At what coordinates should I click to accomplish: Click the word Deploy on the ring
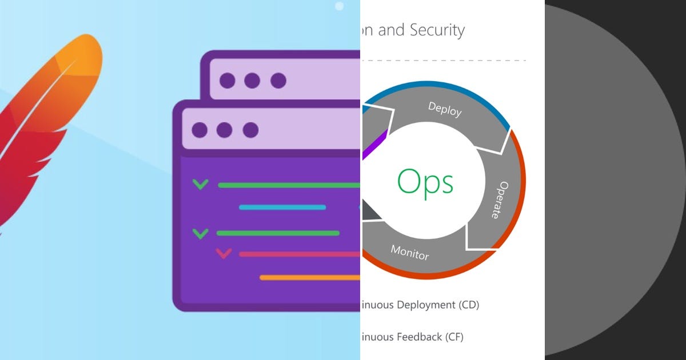[444, 109]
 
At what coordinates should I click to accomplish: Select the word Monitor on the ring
[409, 252]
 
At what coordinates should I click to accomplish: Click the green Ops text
[425, 182]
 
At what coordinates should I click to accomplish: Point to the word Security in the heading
[437, 30]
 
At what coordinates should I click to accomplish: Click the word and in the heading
[391, 30]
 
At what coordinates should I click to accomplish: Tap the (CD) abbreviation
[469, 305]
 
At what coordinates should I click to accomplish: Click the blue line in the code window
[282, 207]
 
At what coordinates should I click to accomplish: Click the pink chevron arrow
[224, 253]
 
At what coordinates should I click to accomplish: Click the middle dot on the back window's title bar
[252, 81]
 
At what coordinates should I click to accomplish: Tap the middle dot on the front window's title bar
[225, 130]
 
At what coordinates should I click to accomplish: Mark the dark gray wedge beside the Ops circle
[370, 212]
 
